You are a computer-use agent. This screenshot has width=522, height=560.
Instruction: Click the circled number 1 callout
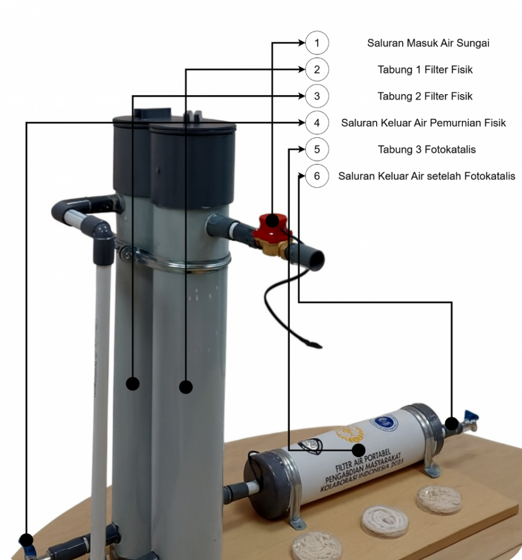pos(317,43)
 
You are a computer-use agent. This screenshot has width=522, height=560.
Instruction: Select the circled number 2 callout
pos(317,69)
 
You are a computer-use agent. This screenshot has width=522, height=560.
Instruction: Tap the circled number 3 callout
pos(317,96)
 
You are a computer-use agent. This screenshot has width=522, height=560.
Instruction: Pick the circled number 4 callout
pos(317,123)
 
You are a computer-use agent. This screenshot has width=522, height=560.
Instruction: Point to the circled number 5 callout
pos(317,149)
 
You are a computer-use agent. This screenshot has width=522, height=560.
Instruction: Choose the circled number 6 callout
pos(317,176)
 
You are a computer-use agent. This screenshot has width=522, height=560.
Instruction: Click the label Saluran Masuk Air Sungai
pos(428,43)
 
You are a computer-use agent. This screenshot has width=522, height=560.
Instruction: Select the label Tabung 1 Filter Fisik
pos(425,69)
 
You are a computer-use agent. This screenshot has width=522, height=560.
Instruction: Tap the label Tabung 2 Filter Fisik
pos(425,96)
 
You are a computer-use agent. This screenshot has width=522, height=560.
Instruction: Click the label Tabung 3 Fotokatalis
pos(426,149)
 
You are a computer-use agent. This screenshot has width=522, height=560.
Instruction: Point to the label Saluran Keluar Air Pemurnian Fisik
pos(423,123)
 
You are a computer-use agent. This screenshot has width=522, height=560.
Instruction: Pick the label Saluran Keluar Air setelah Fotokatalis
pos(426,176)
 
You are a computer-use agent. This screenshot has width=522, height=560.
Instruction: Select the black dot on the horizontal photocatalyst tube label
pos(359,450)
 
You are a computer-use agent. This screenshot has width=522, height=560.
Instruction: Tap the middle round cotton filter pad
pos(385,521)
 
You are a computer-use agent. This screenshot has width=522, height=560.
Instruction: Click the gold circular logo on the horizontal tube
pos(349,434)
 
